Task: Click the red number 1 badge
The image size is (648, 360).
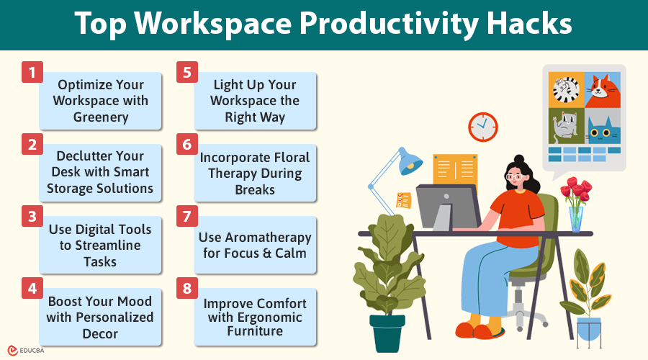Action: pos(32,73)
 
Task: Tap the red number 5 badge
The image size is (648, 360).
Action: pos(187,73)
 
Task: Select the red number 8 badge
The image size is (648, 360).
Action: pos(187,289)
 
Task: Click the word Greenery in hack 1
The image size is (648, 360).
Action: pos(100,117)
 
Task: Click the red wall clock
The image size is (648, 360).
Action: pos(482,127)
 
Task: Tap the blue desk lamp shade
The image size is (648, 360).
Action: pos(410,161)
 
